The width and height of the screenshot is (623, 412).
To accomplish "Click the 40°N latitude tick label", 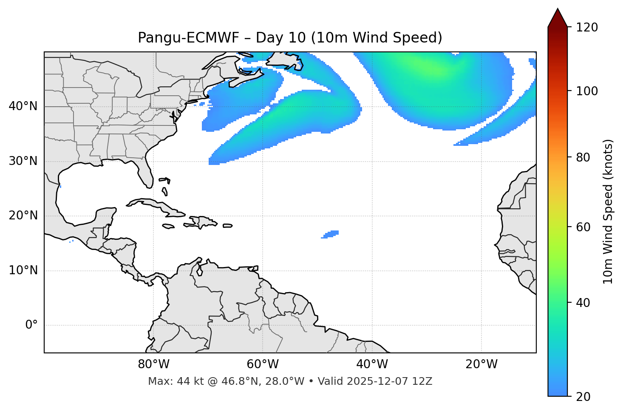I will coord(23,106).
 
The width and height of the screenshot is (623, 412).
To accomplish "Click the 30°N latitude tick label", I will coord(23,161).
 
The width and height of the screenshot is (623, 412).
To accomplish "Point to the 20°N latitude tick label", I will coord(23,216).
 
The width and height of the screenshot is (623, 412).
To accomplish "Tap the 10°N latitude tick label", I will coord(23,270).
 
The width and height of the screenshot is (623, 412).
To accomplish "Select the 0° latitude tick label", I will coord(31,325).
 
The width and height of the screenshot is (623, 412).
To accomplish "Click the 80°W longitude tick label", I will coord(153,364).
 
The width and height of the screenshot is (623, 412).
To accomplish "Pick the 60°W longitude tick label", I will coord(263,364).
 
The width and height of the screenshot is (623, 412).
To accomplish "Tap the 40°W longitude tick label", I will coord(372,364).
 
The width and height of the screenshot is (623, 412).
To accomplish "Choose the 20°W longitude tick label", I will coord(481,364).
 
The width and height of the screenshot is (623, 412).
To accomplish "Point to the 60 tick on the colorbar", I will coord(585,227).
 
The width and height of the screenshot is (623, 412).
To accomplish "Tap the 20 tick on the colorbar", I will coord(585,397).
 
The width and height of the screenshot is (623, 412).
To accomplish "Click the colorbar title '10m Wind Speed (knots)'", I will coord(608,211).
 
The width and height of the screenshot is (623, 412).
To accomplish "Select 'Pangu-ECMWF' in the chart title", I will coord(189,38).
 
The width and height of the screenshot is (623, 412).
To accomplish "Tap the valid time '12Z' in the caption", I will coord(423,381).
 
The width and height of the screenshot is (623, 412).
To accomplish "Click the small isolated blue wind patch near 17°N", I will coord(331,234).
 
